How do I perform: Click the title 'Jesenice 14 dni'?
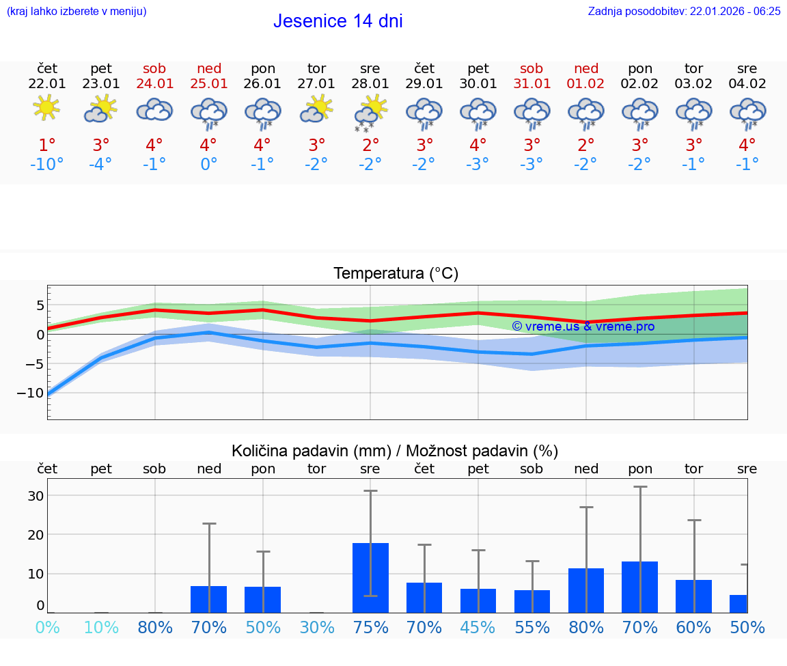click(x=337, y=21)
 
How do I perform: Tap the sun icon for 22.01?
click(x=46, y=108)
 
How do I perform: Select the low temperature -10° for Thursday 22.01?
click(x=46, y=165)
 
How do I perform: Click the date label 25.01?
click(x=209, y=84)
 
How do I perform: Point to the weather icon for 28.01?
click(x=370, y=111)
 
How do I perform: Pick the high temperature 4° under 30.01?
click(x=478, y=145)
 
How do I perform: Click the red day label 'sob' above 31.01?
click(x=531, y=68)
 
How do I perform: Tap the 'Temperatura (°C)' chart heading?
click(x=396, y=274)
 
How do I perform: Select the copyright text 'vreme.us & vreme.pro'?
click(x=583, y=327)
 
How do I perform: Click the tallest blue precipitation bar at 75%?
click(x=370, y=577)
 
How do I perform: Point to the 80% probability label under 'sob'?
click(x=155, y=627)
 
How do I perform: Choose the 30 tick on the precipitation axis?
click(x=36, y=496)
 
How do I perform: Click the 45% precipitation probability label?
click(x=478, y=627)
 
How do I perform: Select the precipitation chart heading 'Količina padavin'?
click(x=395, y=451)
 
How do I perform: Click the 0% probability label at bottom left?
click(x=46, y=627)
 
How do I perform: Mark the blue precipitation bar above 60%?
click(x=693, y=596)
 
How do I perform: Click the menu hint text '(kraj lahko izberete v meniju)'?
click(x=77, y=12)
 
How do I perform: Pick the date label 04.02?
click(x=747, y=84)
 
